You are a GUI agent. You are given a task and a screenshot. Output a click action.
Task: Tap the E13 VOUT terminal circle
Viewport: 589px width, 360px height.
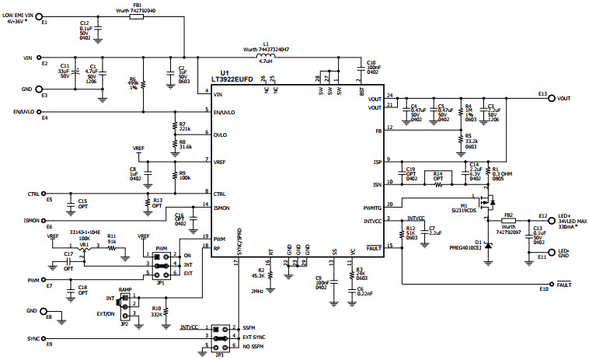point(552,99)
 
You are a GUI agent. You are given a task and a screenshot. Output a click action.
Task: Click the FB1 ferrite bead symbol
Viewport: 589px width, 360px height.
point(137,14)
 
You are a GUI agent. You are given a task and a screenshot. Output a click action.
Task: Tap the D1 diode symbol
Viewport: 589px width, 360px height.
point(489,243)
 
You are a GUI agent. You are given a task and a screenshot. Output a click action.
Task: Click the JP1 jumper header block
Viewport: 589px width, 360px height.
point(163,264)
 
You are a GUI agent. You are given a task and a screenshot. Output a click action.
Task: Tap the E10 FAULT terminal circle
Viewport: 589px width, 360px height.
point(552,283)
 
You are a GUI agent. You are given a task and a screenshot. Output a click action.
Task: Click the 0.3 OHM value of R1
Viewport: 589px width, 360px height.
point(501,173)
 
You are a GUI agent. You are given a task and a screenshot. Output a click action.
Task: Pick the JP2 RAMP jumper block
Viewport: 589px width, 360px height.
point(124,302)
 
